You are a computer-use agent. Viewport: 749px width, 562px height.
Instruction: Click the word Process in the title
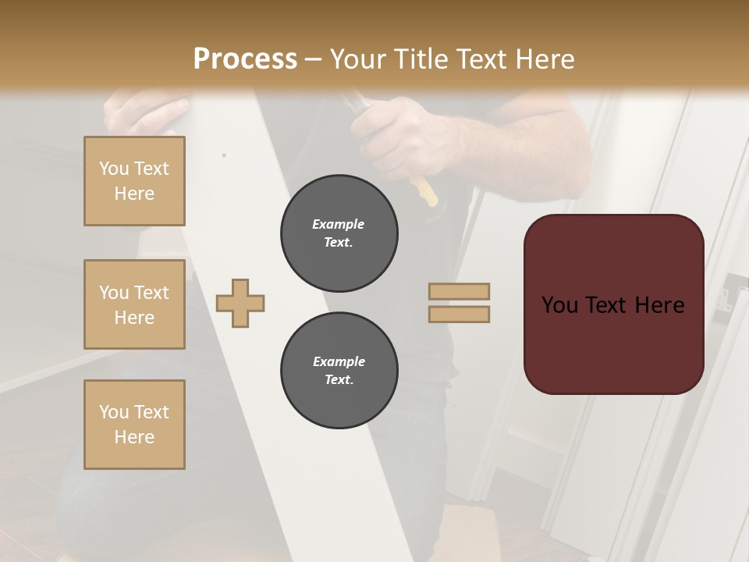click(x=245, y=59)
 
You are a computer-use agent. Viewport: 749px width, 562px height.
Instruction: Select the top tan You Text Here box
click(x=134, y=181)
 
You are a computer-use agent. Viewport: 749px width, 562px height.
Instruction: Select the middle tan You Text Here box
click(x=134, y=304)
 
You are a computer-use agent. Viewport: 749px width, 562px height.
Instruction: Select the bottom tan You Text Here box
click(x=134, y=424)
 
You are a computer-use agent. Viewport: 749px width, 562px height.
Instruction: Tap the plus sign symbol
click(x=240, y=303)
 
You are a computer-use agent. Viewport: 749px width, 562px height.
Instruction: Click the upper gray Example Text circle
click(x=339, y=233)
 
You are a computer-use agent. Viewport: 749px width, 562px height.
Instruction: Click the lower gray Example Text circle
click(x=339, y=371)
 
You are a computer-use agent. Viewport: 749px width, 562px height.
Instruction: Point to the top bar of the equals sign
click(x=459, y=291)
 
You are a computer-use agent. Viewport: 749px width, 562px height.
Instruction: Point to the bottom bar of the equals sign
click(x=459, y=315)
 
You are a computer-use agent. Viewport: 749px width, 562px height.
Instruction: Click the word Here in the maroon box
click(x=659, y=305)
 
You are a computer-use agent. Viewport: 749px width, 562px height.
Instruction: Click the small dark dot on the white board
click(x=224, y=155)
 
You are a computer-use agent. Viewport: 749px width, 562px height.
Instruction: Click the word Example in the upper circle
click(x=338, y=224)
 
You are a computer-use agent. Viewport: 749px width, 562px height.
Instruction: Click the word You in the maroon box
click(x=559, y=305)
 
